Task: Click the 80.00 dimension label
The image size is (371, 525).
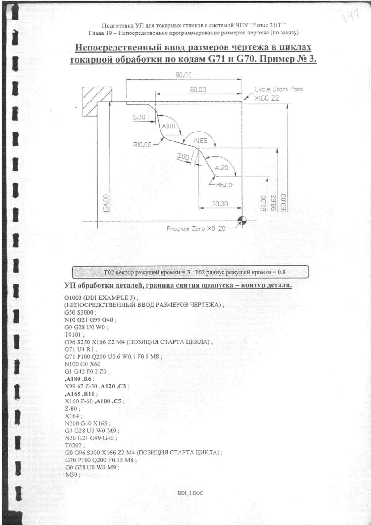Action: [x=184, y=75]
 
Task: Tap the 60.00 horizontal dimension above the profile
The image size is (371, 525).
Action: [x=198, y=89]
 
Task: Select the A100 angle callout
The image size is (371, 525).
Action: [x=168, y=126]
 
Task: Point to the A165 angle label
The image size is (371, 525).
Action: [x=200, y=141]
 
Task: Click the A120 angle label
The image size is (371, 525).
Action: [x=221, y=168]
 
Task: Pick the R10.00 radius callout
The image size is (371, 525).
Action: [x=142, y=145]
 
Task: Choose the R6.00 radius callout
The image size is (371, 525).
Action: [x=224, y=185]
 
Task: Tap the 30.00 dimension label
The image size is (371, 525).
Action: [x=220, y=204]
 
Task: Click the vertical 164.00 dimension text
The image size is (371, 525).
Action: [x=106, y=203]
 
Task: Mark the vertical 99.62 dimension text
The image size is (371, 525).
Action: [x=273, y=203]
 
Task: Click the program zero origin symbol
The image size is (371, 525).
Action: [x=242, y=221]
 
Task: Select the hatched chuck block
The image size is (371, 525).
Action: [x=97, y=102]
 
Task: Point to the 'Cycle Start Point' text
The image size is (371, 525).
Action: [x=279, y=89]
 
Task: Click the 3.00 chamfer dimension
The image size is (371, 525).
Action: [x=183, y=156]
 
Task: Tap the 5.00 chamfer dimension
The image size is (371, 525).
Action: [x=139, y=117]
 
